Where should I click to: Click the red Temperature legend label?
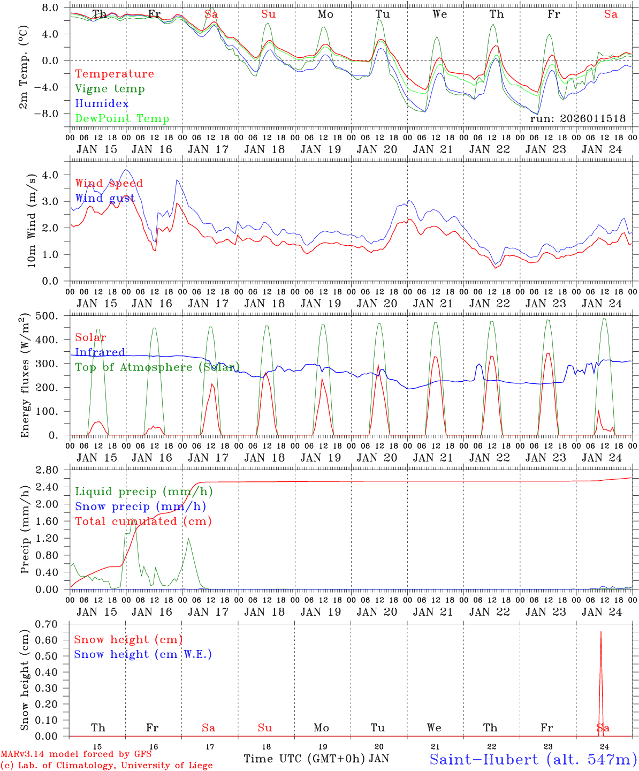114,74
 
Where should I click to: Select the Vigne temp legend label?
110,89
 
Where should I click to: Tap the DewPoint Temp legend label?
122,119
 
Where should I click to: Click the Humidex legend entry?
102,104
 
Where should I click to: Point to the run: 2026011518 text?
577,119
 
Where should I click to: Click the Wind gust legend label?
105,199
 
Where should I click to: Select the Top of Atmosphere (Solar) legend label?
157,367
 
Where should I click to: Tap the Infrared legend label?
100,352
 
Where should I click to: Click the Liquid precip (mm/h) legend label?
143,492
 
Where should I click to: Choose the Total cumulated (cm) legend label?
143,521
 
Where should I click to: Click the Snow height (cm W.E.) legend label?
142,654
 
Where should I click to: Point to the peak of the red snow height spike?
600,632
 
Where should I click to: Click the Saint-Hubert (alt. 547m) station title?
532,759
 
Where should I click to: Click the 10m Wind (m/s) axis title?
32,220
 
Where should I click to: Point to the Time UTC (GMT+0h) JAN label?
316,759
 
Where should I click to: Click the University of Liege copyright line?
107,766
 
